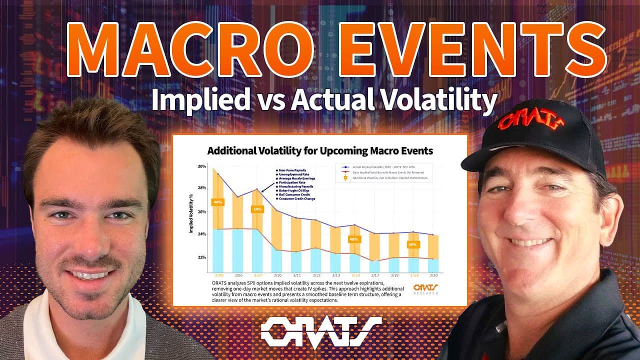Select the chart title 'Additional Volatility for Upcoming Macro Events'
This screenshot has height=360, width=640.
[320, 150]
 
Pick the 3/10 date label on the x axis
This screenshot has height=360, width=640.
[277, 275]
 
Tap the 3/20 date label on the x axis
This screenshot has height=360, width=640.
[432, 275]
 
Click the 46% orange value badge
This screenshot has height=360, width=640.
[218, 202]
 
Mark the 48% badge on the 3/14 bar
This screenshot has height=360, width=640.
[354, 239]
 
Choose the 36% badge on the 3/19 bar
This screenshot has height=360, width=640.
[412, 244]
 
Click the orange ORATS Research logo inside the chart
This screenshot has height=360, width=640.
[425, 289]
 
